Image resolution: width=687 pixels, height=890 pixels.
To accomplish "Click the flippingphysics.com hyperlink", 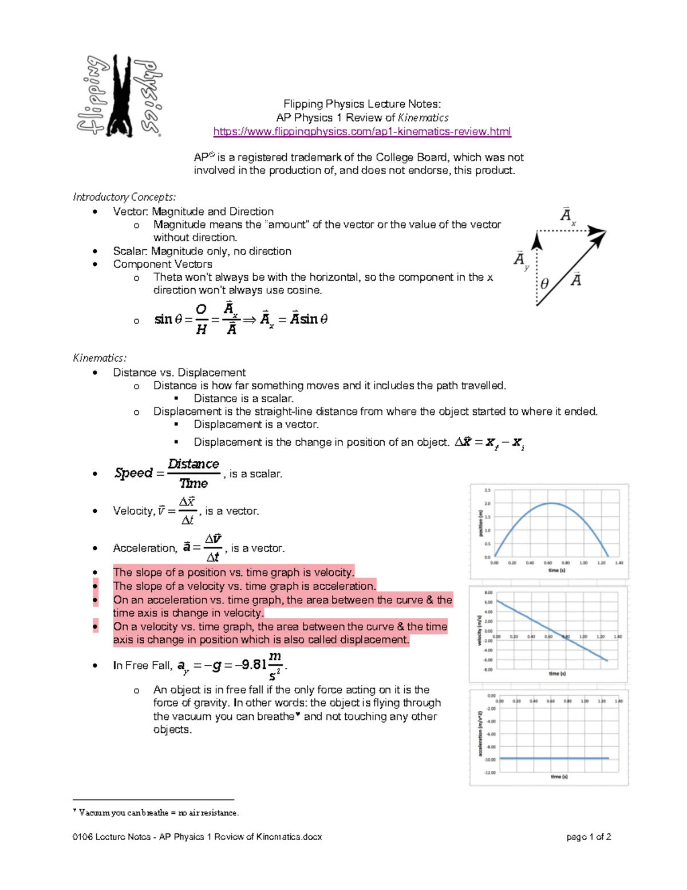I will click(x=362, y=132).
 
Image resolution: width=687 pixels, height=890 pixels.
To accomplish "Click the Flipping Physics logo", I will click(x=120, y=96).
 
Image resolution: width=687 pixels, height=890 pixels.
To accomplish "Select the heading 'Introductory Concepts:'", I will click(x=124, y=197).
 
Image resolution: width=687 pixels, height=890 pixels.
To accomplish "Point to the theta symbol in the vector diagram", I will click(x=544, y=284).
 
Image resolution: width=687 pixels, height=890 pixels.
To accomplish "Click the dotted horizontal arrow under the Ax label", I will click(x=570, y=231).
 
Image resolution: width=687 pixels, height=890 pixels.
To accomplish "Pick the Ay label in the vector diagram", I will click(x=520, y=260).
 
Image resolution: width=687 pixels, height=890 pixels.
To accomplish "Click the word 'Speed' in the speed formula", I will click(x=133, y=473).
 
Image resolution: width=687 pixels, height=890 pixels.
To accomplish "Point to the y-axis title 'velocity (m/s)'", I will click(x=480, y=630).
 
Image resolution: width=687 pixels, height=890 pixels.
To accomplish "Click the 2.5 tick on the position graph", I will click(x=488, y=491).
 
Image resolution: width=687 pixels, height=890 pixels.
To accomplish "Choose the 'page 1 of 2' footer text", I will click(x=589, y=837).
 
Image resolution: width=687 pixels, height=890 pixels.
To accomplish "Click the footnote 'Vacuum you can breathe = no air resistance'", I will click(x=158, y=813).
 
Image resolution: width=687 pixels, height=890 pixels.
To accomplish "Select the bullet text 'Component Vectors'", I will click(x=163, y=264).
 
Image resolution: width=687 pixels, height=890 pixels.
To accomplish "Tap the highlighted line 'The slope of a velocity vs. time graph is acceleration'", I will click(x=244, y=586).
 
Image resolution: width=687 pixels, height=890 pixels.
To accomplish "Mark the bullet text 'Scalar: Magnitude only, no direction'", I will click(x=202, y=251).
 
